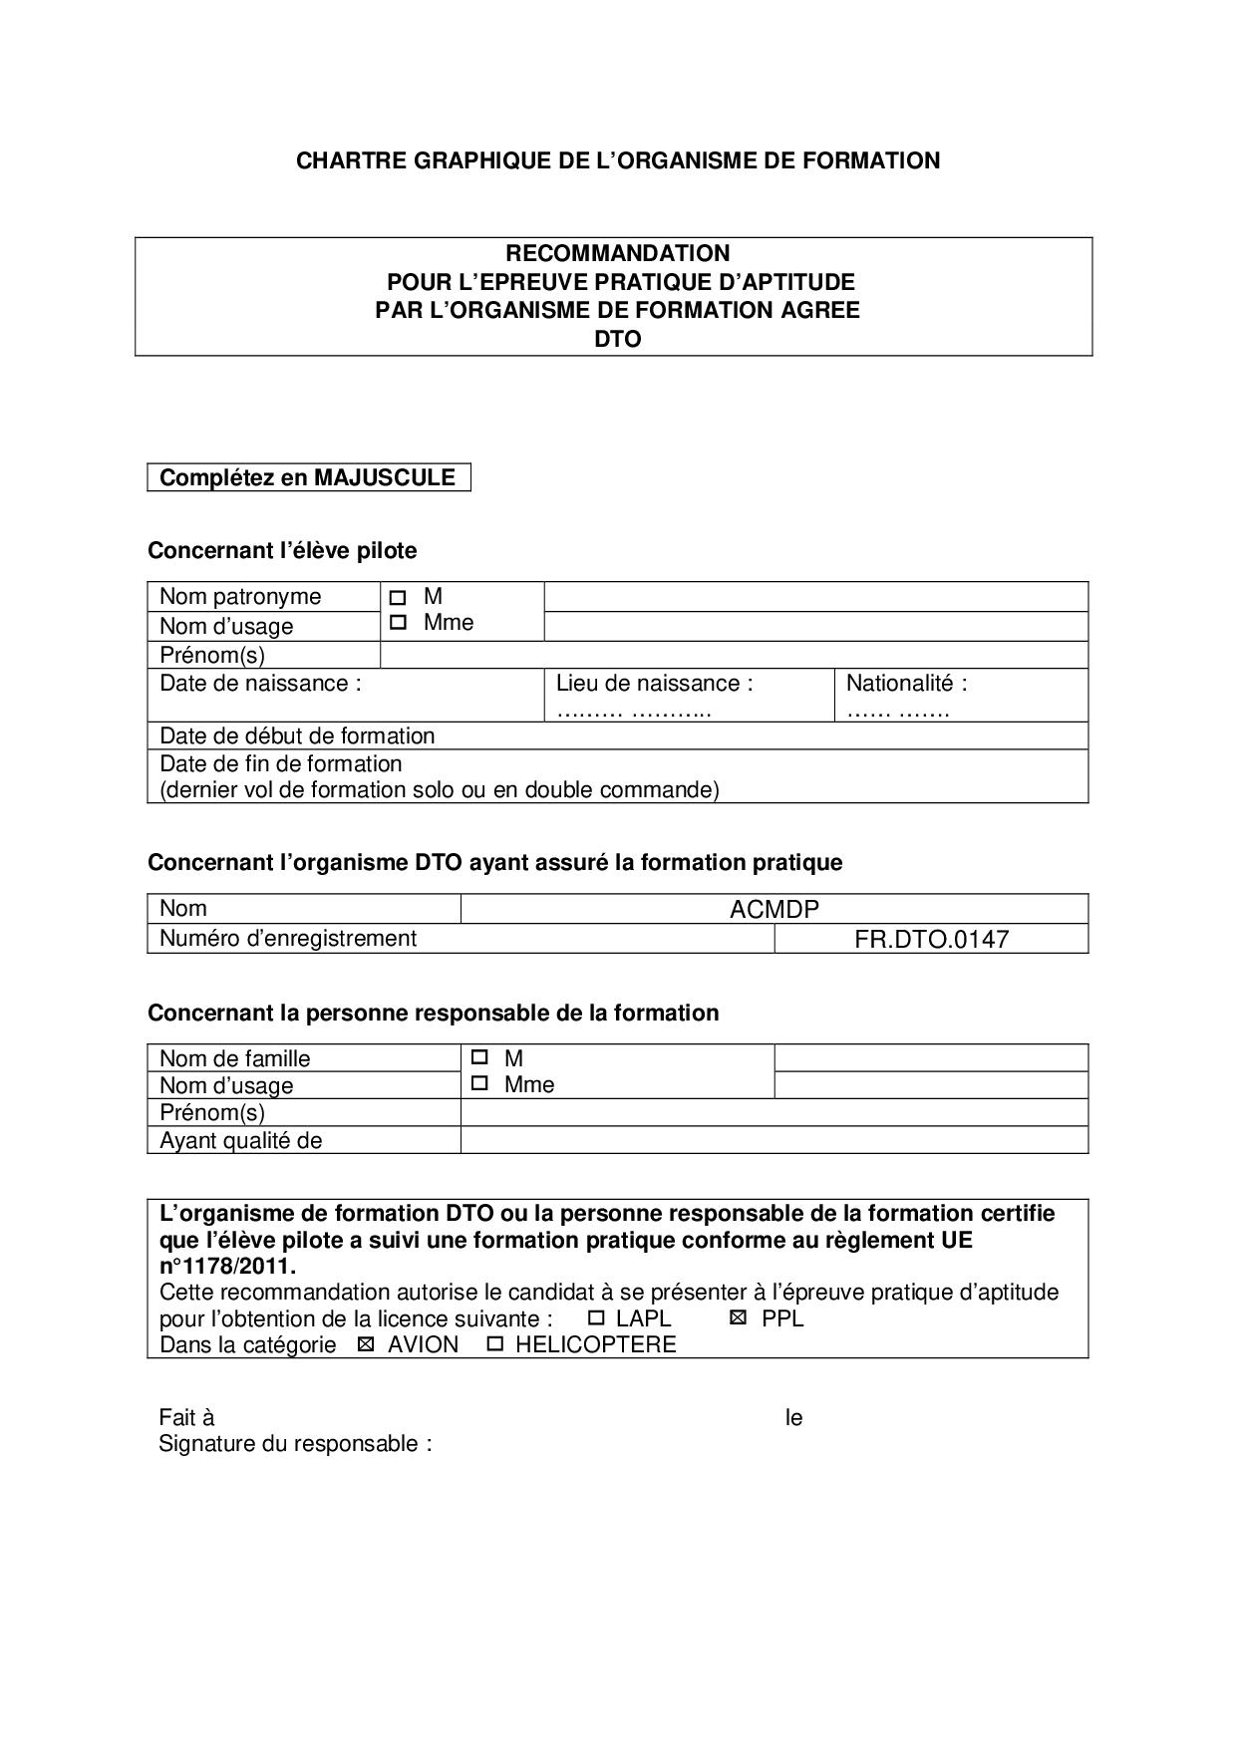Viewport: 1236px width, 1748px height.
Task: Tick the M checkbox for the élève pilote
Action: [399, 598]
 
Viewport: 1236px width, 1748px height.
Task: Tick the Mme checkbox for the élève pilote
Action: [399, 623]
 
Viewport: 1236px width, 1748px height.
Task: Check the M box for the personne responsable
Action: [479, 1057]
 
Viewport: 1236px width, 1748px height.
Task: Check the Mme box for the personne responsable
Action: [479, 1083]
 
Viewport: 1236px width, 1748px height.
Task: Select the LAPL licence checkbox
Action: [596, 1317]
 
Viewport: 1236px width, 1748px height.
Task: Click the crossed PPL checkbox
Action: [738, 1317]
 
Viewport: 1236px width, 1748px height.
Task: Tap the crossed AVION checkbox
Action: [366, 1344]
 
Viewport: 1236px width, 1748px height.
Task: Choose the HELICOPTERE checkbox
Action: [494, 1344]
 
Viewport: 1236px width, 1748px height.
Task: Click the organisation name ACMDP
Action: [773, 909]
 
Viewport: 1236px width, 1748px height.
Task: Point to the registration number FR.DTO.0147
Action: [931, 939]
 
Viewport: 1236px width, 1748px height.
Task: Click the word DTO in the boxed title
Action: [617, 339]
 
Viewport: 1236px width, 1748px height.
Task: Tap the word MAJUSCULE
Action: [385, 477]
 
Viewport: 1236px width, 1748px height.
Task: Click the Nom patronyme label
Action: [240, 597]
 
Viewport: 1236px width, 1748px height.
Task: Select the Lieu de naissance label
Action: [654, 684]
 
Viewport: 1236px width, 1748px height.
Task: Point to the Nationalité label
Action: [906, 684]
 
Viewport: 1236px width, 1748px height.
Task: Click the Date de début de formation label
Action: [297, 735]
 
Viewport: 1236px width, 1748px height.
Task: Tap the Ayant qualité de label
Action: [241, 1140]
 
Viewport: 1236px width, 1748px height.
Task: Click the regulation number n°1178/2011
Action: [227, 1267]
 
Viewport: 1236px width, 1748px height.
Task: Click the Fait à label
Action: [186, 1417]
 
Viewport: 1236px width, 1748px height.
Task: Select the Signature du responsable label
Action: [295, 1443]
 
